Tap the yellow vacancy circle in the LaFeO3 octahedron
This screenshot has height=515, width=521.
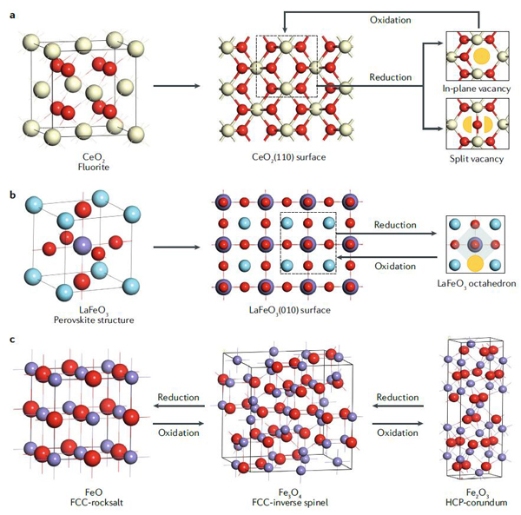(474, 262)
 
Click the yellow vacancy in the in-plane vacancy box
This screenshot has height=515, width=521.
(478, 57)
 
